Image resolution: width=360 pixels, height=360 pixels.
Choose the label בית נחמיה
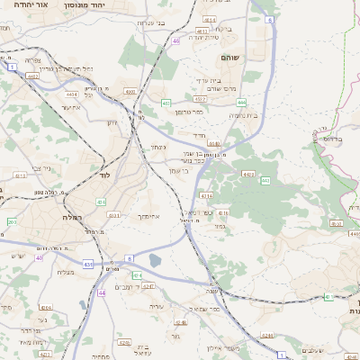(x=243, y=115)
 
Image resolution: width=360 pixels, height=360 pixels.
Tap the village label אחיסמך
(x=149, y=217)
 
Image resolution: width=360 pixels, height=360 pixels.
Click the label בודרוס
(x=332, y=139)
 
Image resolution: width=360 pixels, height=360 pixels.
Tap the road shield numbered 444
(x=241, y=103)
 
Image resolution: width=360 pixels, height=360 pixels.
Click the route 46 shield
(x=175, y=40)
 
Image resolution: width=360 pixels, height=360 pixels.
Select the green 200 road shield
(x=11, y=221)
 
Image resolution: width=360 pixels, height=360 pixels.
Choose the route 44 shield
(x=102, y=292)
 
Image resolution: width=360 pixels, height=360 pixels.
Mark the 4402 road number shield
(x=32, y=76)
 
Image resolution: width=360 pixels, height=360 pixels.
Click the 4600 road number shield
(x=130, y=91)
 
